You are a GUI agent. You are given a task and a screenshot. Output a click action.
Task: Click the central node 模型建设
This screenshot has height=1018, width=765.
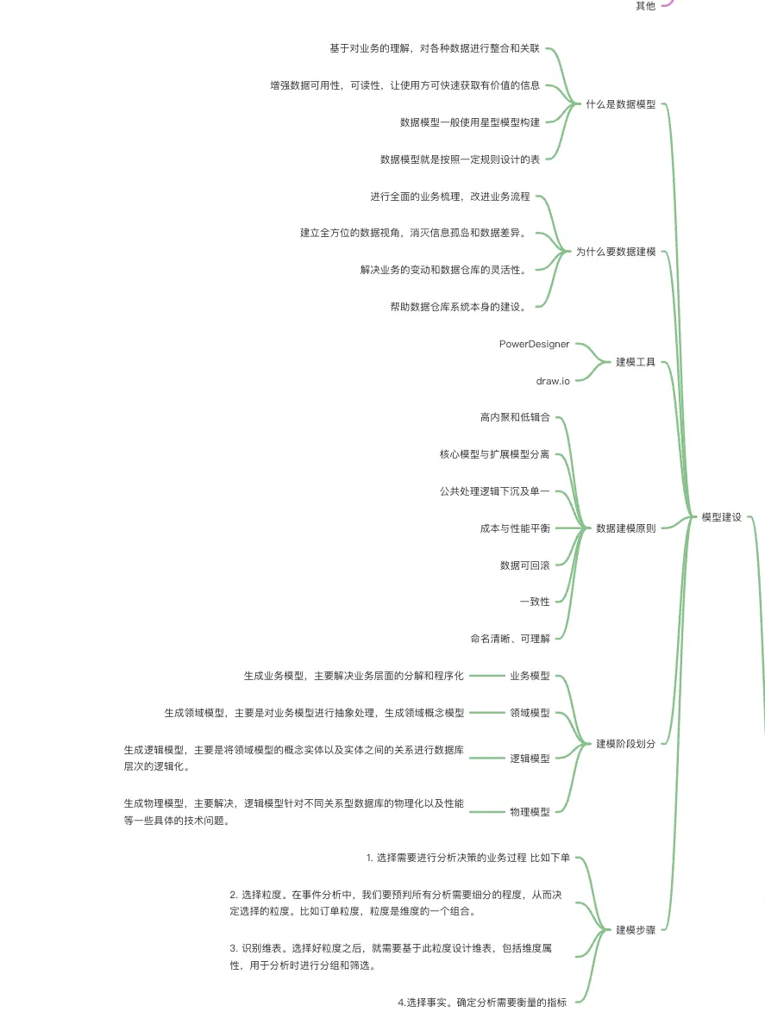(721, 517)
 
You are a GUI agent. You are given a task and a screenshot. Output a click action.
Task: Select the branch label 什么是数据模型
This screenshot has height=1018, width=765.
(621, 104)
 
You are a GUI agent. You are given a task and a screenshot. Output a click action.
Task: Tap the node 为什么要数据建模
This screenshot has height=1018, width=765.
(616, 252)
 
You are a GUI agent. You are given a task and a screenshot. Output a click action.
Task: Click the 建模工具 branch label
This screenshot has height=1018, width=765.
(636, 362)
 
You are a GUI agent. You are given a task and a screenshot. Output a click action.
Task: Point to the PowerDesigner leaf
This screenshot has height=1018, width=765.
(534, 344)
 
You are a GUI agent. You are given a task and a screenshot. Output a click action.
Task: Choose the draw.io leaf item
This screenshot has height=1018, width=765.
(553, 380)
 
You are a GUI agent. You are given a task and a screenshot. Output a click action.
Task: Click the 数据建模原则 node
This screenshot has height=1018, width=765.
(626, 528)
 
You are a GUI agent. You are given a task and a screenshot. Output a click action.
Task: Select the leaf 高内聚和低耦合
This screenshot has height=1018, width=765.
(515, 417)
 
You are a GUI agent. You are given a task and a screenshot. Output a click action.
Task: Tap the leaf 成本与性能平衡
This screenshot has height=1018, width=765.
(515, 528)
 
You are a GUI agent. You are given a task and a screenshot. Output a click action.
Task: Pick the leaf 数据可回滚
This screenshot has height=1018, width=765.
(525, 565)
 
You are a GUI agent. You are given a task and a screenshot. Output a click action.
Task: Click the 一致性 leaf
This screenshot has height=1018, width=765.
(535, 601)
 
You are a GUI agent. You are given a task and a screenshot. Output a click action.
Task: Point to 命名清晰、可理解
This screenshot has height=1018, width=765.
(510, 638)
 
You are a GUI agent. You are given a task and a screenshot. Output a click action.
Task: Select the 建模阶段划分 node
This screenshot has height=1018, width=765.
(626, 743)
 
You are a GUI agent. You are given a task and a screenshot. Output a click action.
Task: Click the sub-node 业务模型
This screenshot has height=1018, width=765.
(530, 676)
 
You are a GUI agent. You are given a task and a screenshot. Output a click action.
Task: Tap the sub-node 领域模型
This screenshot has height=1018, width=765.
(530, 713)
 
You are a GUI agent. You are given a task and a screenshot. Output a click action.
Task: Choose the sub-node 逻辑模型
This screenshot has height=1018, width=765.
(530, 759)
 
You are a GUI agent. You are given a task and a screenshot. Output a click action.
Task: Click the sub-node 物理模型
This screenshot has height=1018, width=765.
(530, 811)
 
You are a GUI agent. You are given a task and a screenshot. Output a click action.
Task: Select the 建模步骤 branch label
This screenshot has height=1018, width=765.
(636, 930)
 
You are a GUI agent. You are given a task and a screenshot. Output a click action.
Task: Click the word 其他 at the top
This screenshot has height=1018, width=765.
(645, 6)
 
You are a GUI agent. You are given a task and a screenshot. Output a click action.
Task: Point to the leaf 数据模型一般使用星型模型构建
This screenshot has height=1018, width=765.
(470, 122)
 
